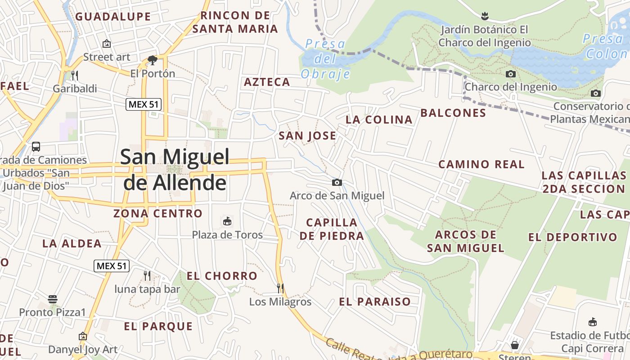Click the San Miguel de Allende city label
pyautogui.click(x=175, y=169)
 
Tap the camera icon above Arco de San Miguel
pyautogui.click(x=337, y=182)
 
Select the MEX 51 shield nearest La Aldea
pyautogui.click(x=112, y=266)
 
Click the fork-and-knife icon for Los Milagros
pyautogui.click(x=280, y=288)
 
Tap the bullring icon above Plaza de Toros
pyautogui.click(x=227, y=221)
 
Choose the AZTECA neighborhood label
pyautogui.click(x=267, y=82)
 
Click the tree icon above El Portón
pyautogui.click(x=152, y=60)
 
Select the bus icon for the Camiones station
pyautogui.click(x=36, y=147)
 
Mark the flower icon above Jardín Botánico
pyautogui.click(x=485, y=17)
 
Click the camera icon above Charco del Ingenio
pyautogui.click(x=511, y=74)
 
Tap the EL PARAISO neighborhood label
pyautogui.click(x=375, y=301)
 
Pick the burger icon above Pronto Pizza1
pyautogui.click(x=53, y=299)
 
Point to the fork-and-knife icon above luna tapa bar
pyautogui.click(x=147, y=275)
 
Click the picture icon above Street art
pyautogui.click(x=107, y=44)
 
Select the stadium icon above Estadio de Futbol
pyautogui.click(x=593, y=322)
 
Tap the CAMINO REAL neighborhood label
pyautogui.click(x=481, y=164)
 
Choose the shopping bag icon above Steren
pyautogui.click(x=515, y=345)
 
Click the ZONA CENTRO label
pyautogui.click(x=158, y=213)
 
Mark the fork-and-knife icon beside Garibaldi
pyautogui.click(x=75, y=75)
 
